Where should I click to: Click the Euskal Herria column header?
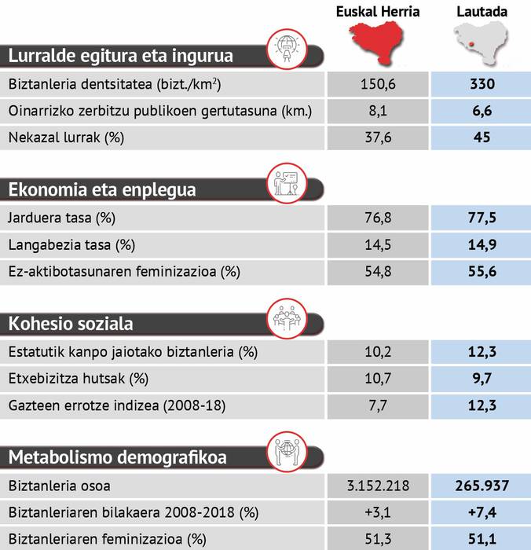pyautogui.click(x=378, y=11)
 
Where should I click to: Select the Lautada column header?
pyautogui.click(x=482, y=11)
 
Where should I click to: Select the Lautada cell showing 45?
pyautogui.click(x=482, y=137)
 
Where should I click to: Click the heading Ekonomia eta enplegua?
pyautogui.click(x=102, y=189)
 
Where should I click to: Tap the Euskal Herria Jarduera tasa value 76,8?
pyautogui.click(x=378, y=218)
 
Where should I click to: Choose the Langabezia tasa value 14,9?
pyautogui.click(x=482, y=244)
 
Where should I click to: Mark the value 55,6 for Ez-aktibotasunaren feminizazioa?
pyautogui.click(x=482, y=271)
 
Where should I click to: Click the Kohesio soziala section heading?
pyautogui.click(x=71, y=323)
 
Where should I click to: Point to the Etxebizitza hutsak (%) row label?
pyautogui.click(x=78, y=379)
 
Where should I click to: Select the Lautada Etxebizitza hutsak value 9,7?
pyautogui.click(x=482, y=379)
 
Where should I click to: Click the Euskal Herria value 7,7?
pyautogui.click(x=378, y=405)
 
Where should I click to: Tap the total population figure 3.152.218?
pyautogui.click(x=378, y=486)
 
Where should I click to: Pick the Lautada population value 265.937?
pyautogui.click(x=482, y=486)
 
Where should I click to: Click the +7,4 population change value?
pyautogui.click(x=482, y=513)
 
